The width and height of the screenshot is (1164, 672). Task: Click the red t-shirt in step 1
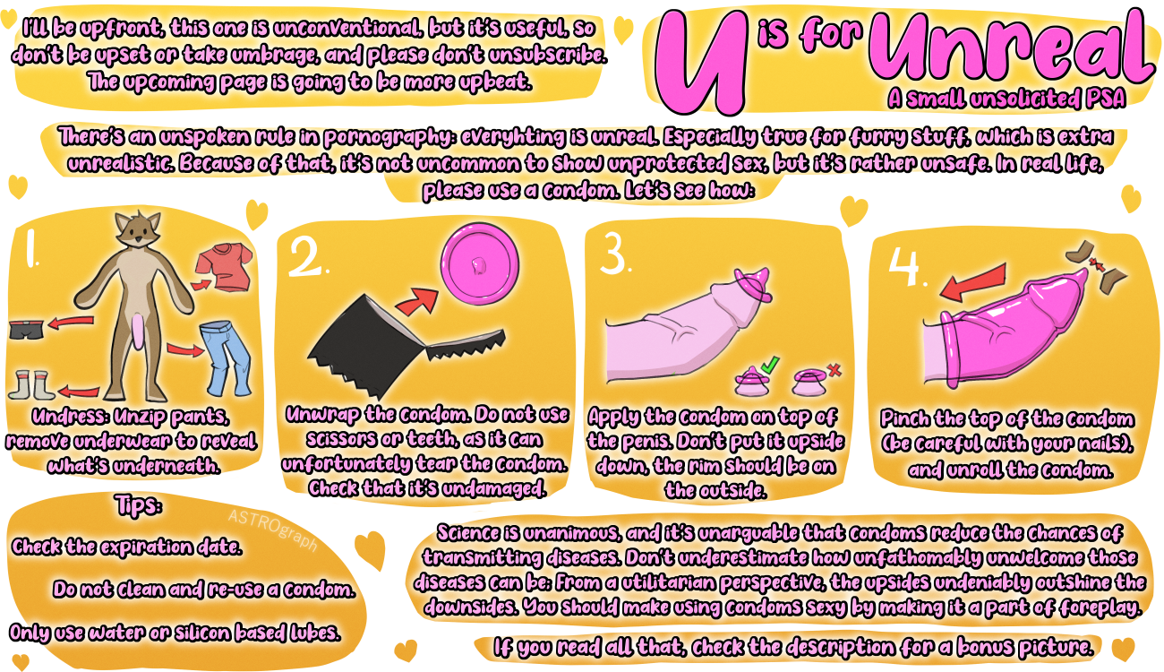(225, 267)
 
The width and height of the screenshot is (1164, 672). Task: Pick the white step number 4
(904, 266)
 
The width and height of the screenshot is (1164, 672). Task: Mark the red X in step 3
(834, 370)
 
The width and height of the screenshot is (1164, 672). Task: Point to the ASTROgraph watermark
(273, 529)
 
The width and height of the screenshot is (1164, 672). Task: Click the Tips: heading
(138, 505)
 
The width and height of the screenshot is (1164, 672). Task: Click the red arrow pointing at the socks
(79, 391)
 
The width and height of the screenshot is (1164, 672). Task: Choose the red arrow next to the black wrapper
(417, 302)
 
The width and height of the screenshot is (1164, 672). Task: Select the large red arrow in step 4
(972, 282)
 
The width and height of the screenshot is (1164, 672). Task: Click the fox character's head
(138, 228)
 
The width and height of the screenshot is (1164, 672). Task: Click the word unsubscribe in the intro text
(547, 55)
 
